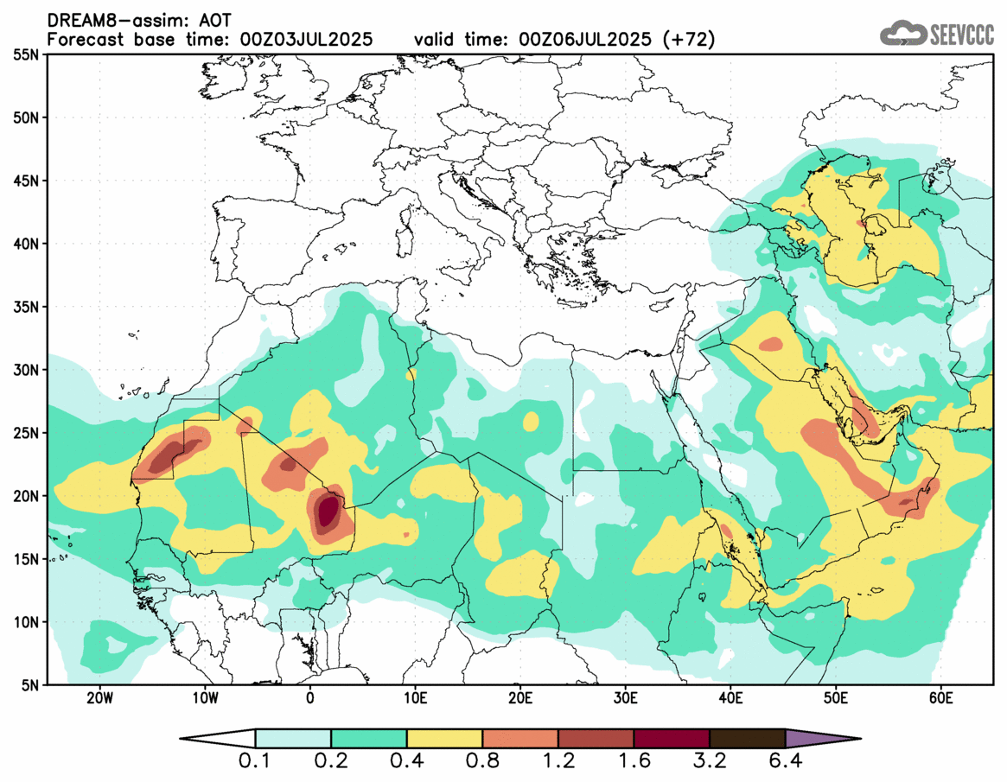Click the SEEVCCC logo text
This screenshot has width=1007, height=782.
point(961,35)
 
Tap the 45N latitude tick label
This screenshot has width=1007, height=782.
point(29,181)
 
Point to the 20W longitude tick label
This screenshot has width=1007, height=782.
point(100,696)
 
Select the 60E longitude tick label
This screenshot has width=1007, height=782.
point(940,696)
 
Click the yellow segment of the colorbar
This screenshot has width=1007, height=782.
point(444,739)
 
